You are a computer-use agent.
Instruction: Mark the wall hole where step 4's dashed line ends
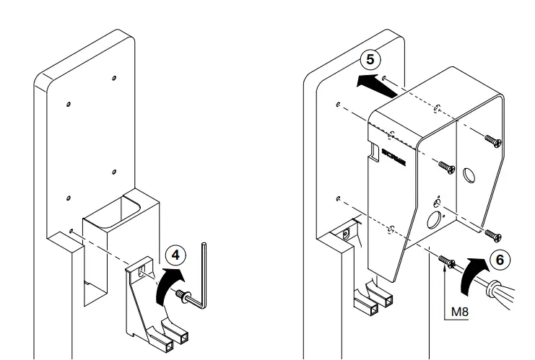pos(71,232)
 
